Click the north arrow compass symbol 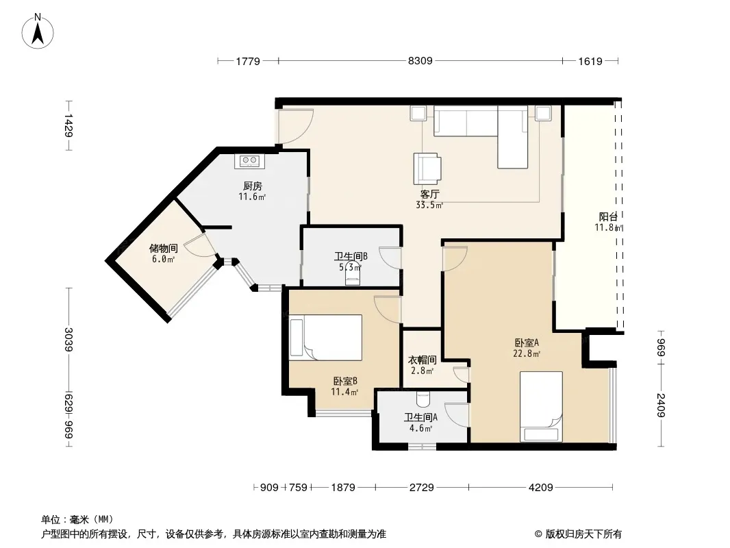[38, 31]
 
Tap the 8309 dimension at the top [420, 60]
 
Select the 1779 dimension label [248, 61]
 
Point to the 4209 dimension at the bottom [540, 488]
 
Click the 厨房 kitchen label [252, 186]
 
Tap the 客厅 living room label [429, 194]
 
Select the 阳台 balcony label [608, 216]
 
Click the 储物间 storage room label [164, 248]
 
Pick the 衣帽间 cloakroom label [423, 360]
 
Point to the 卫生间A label [420, 418]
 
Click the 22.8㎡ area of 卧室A [527, 353]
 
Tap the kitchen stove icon [249, 161]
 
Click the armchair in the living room [427, 169]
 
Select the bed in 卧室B [325, 338]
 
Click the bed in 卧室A [541, 406]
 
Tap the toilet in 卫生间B [353, 274]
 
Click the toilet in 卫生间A [423, 399]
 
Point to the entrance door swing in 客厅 [296, 125]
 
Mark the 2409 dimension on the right [661, 405]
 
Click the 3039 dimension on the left [68, 339]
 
